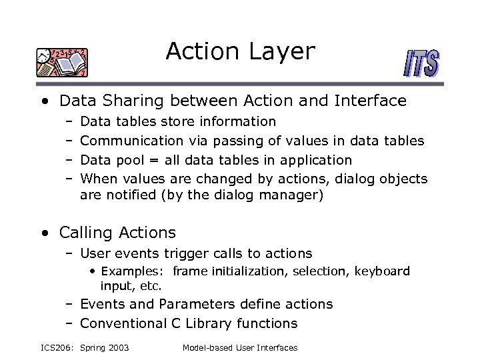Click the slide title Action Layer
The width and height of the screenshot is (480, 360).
point(240,51)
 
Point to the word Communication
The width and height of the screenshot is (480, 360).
point(131,141)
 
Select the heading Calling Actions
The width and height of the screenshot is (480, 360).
point(117,233)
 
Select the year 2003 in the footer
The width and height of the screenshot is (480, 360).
point(117,348)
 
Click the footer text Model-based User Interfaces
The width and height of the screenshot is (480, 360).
point(240,348)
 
